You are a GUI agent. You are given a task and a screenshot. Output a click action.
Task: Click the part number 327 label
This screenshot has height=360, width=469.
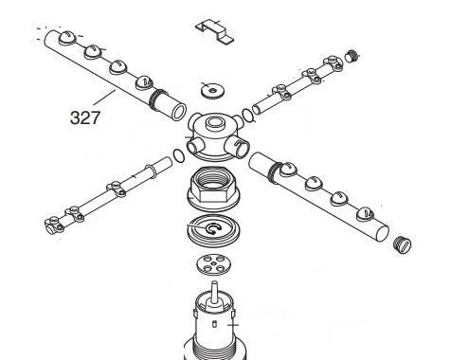point(85,117)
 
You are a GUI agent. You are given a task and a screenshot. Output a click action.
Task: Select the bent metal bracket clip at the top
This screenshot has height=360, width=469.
point(214,31)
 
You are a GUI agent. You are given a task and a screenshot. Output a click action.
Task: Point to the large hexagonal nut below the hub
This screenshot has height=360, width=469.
point(213,189)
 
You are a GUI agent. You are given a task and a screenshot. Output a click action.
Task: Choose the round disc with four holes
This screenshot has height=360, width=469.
point(213,264)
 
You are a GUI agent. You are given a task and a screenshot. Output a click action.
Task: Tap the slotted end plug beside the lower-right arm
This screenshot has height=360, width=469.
point(403,244)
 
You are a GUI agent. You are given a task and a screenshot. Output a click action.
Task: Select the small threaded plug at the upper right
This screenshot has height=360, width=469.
point(352,57)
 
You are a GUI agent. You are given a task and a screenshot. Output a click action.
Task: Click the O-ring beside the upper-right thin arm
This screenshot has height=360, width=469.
point(247,116)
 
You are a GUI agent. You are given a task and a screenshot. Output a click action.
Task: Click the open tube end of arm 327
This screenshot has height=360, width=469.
point(178,112)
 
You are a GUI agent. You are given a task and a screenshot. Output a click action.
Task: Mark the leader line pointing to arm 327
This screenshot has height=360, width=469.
point(104,98)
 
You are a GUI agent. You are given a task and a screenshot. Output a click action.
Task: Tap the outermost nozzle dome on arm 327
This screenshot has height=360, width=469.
point(67,38)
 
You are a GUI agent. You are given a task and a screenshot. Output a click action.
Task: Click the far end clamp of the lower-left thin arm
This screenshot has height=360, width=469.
point(53,225)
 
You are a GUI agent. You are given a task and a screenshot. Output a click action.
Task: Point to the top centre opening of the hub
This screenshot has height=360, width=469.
point(214,122)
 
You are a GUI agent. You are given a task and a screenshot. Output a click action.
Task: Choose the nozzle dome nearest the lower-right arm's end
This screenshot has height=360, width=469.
point(366,215)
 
